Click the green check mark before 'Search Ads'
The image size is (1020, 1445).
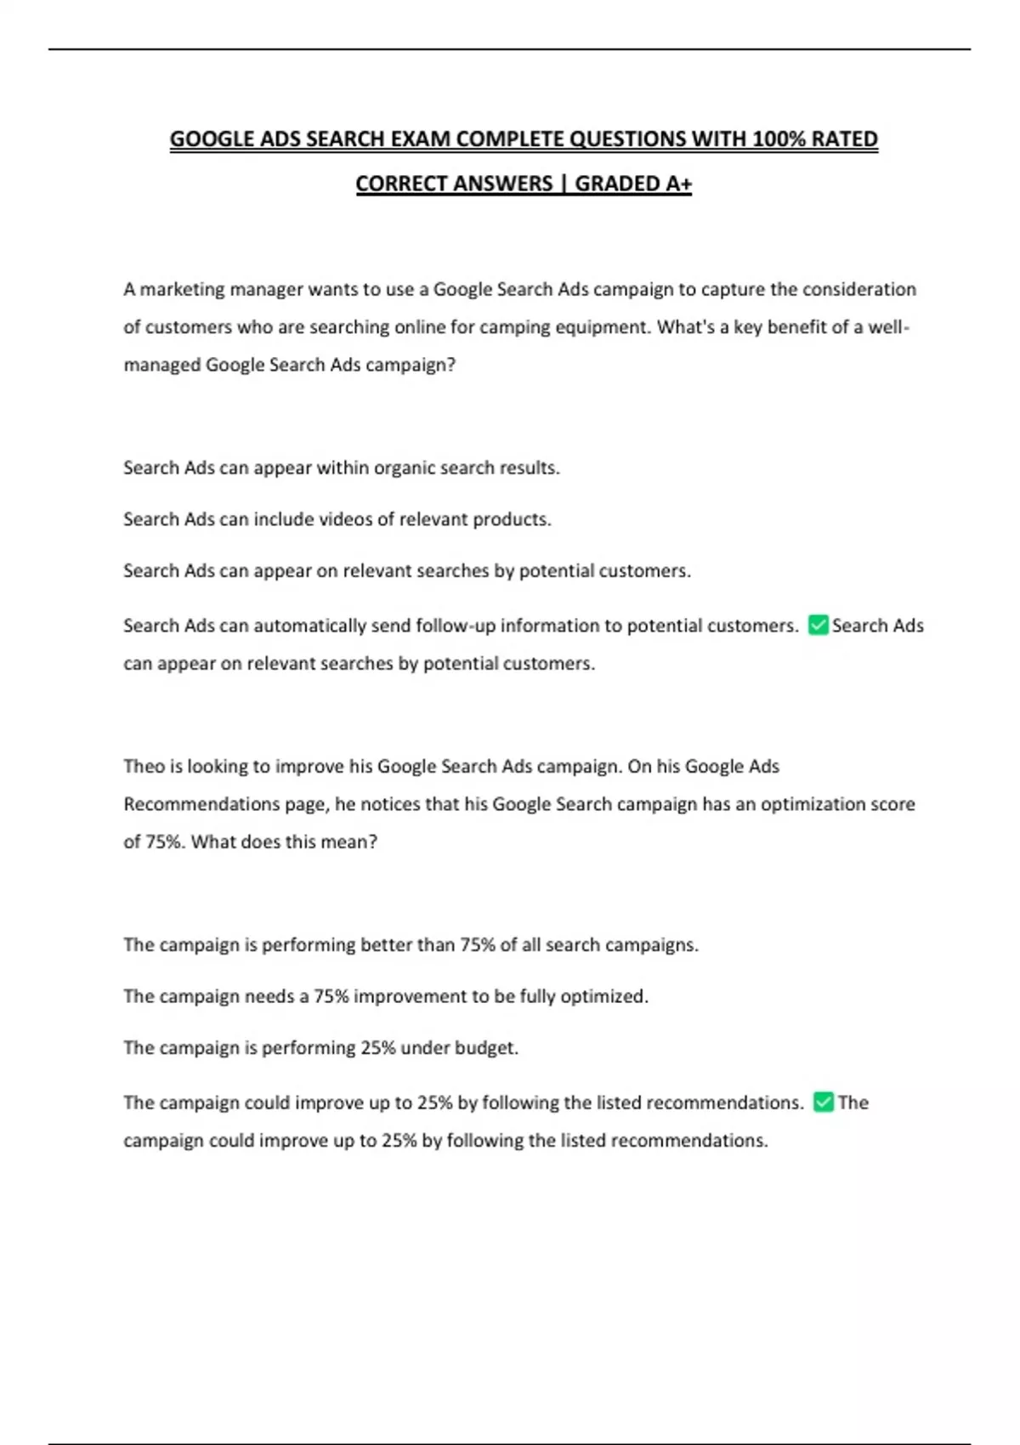[818, 626]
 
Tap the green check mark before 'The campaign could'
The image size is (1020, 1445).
[823, 1102]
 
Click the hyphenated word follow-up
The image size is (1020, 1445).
[455, 626]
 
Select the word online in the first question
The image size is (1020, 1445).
[422, 327]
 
